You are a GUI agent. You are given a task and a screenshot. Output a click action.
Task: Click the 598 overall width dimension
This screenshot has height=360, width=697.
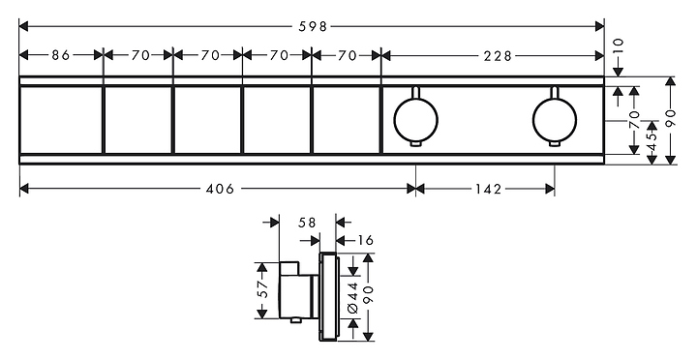pyautogui.click(x=313, y=27)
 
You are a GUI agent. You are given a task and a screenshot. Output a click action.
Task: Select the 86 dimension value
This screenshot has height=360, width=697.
pyautogui.click(x=61, y=55)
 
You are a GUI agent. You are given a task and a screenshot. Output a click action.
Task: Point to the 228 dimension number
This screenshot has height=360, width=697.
pyautogui.click(x=498, y=55)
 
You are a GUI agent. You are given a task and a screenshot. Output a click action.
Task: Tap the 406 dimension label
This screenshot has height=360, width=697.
pyautogui.click(x=220, y=189)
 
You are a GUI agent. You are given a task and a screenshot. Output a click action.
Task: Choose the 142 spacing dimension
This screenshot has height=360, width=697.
pyautogui.click(x=488, y=189)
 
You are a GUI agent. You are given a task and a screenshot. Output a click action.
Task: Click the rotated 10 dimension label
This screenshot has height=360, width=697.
pyautogui.click(x=618, y=45)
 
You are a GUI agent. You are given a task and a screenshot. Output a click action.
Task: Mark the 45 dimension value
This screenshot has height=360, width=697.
pyautogui.click(x=652, y=142)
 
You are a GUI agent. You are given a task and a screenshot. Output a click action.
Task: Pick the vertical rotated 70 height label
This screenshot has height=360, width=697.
pyautogui.click(x=634, y=120)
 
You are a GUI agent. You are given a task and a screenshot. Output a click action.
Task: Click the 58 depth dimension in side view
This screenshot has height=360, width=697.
pyautogui.click(x=307, y=223)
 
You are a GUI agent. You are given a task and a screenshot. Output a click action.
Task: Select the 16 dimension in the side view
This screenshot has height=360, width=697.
pyautogui.click(x=365, y=240)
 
